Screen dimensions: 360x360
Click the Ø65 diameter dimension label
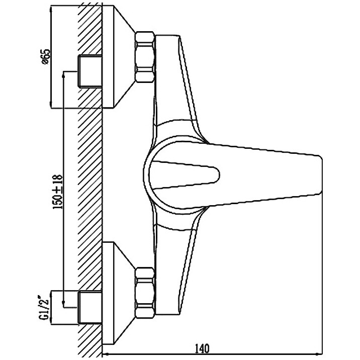46,56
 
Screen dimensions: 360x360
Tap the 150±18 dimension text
57,192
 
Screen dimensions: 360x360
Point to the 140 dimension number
202,348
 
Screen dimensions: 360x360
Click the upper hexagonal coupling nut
144,57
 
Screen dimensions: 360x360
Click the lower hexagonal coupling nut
144,293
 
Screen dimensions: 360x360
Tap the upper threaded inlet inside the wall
90,71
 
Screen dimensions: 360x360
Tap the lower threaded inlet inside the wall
90,307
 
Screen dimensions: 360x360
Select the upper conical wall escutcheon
118,57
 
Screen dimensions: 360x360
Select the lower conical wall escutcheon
118,293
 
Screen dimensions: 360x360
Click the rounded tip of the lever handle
320,174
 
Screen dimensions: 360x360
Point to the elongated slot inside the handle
184,174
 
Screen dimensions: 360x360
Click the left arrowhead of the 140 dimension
105,353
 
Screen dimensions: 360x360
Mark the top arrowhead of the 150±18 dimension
63,74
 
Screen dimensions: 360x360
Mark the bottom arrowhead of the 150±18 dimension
63,304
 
